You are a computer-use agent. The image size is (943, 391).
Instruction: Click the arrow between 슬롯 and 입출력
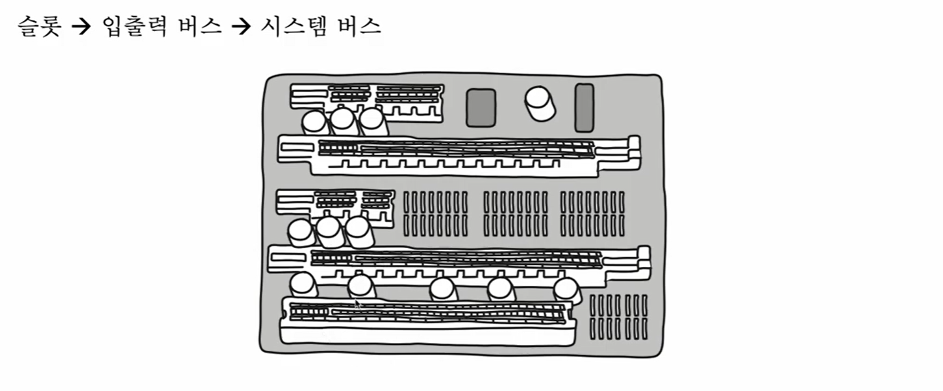click(81, 27)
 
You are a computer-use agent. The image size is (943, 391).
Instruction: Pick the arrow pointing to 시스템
click(241, 27)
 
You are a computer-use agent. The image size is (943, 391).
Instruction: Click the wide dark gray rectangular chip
click(481, 107)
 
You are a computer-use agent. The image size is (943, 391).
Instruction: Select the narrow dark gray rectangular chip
click(584, 107)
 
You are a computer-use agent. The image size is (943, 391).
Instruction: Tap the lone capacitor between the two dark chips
click(540, 103)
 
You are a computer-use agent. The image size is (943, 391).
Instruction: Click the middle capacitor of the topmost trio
click(342, 121)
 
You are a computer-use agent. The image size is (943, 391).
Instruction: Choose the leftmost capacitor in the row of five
click(303, 284)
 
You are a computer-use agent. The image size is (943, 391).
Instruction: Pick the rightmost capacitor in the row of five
click(567, 290)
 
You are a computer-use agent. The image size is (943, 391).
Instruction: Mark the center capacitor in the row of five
click(444, 289)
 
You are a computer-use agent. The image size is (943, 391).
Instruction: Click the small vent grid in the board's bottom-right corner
click(618, 317)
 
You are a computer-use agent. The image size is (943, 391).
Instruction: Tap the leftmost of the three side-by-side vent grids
click(435, 213)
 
